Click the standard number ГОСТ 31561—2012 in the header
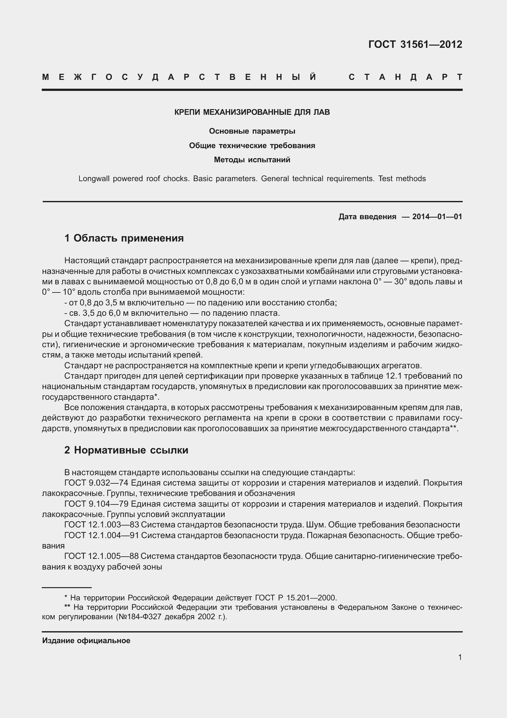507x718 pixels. coord(415,45)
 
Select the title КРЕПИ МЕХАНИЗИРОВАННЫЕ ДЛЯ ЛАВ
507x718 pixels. coord(252,112)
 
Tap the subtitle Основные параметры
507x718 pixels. coord(252,131)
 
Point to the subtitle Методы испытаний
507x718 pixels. coord(252,160)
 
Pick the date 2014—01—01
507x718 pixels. coord(437,216)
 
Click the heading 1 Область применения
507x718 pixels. coord(124,238)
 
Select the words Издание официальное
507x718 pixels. coord(86,641)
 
